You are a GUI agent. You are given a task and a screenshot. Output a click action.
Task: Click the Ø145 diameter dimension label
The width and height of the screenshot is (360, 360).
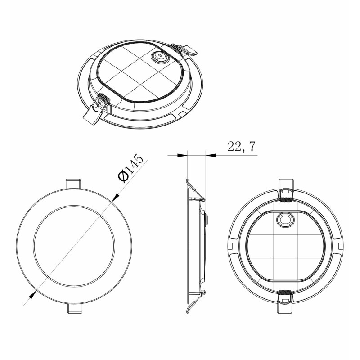tap(130, 168)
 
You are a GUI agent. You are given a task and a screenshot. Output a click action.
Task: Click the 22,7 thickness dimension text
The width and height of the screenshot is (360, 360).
tap(241, 147)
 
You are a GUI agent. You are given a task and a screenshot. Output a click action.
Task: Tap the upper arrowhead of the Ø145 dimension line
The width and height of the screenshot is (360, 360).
tap(116, 197)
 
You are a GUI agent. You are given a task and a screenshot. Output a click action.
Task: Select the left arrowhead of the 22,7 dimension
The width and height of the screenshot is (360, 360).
tap(182, 155)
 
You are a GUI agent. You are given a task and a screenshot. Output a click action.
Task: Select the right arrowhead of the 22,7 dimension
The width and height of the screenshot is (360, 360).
tap(211, 155)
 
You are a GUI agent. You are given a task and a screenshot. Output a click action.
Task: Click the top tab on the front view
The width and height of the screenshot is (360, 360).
tap(73, 184)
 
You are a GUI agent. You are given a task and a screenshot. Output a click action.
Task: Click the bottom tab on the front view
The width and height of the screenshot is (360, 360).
tap(75, 308)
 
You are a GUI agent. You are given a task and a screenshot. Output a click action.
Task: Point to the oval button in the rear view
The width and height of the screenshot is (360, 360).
tap(285, 220)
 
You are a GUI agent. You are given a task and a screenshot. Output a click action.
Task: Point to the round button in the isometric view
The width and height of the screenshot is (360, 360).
tap(159, 57)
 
